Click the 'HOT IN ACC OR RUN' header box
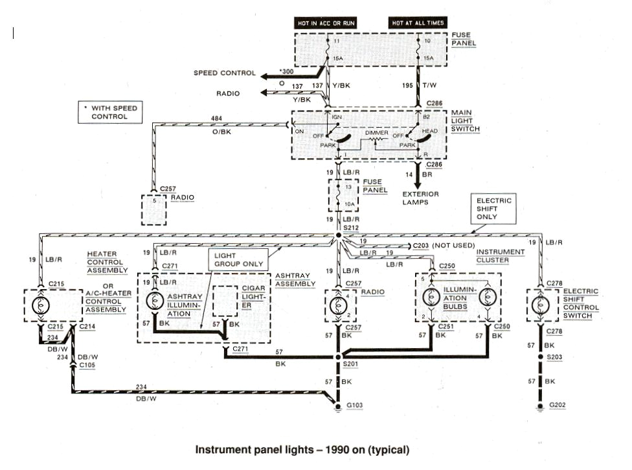[326, 23]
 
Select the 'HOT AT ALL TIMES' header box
[418, 23]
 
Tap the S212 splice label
[350, 228]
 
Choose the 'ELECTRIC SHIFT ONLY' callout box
[495, 209]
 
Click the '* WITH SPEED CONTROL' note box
[109, 112]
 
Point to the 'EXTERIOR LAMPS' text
[421, 198]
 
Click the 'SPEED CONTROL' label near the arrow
[225, 73]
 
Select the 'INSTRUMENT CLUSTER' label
[500, 255]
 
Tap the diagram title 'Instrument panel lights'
[302, 449]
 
